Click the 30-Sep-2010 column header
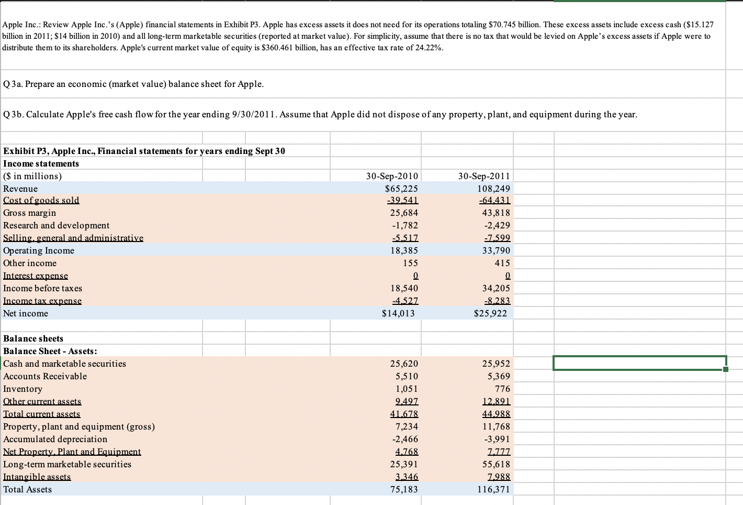392,176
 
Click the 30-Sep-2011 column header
484,176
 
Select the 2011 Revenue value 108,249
493,189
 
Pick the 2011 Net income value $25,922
490,313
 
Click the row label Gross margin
30,213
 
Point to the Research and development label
57,225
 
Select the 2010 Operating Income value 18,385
404,250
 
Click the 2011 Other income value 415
502,263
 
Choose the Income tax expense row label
42,301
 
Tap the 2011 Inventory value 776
502,389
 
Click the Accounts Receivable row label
45,376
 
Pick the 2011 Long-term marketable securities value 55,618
496,464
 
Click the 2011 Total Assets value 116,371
493,489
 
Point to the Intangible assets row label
37,477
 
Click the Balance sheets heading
33,338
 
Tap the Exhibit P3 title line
144,151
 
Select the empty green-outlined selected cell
639,363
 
